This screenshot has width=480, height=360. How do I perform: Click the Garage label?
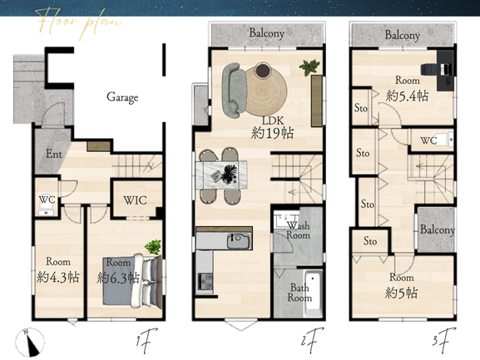pyautogui.click(x=122, y=97)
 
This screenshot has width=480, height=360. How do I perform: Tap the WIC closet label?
pyautogui.click(x=135, y=200)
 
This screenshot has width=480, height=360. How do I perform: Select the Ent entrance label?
pyautogui.click(x=54, y=154)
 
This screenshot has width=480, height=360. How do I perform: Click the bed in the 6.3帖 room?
pyautogui.click(x=132, y=280)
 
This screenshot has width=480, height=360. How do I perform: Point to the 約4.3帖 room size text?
pyautogui.click(x=58, y=277)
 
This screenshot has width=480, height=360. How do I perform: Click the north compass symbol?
pyautogui.click(x=30, y=343)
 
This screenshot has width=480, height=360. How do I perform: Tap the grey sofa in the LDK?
pyautogui.click(x=235, y=90)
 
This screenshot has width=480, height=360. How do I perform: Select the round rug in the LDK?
pyautogui.click(x=265, y=91)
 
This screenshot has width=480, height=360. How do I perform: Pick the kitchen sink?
pyautogui.click(x=238, y=241)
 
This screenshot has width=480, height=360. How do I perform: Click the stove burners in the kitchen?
pyautogui.click(x=205, y=281)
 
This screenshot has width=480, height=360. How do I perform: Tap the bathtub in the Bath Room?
pyautogui.click(x=313, y=293)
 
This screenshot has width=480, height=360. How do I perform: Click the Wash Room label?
pyautogui.click(x=298, y=230)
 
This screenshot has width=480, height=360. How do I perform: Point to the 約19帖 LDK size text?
pyautogui.click(x=272, y=133)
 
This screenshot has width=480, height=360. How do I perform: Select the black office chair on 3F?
pyautogui.click(x=428, y=69)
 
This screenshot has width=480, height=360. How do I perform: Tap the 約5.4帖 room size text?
pyautogui.click(x=407, y=96)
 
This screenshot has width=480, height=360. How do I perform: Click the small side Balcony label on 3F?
pyautogui.click(x=437, y=229)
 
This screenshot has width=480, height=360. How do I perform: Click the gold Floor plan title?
pyautogui.click(x=79, y=22)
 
